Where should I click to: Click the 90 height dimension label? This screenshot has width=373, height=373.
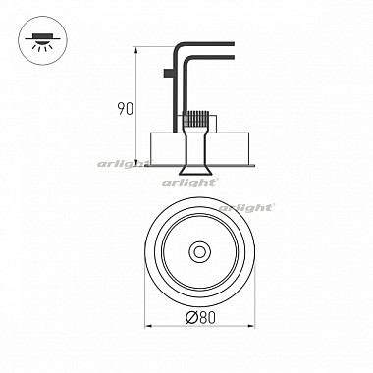coord(126,109)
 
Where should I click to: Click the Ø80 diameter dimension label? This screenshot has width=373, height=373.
coord(200,317)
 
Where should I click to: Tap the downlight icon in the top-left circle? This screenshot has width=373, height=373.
coord(42,42)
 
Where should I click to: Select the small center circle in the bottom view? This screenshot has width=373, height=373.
coord(199,252)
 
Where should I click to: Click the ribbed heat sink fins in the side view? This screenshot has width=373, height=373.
coord(196,120)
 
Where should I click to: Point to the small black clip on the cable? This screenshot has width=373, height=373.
coord(168,73)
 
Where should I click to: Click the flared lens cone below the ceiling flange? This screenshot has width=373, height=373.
coord(196,171)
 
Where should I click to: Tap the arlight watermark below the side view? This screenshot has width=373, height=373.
coord(189,182)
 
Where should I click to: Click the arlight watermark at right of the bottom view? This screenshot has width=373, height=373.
coord(246,207)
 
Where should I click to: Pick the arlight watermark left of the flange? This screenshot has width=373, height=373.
coord(125,163)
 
